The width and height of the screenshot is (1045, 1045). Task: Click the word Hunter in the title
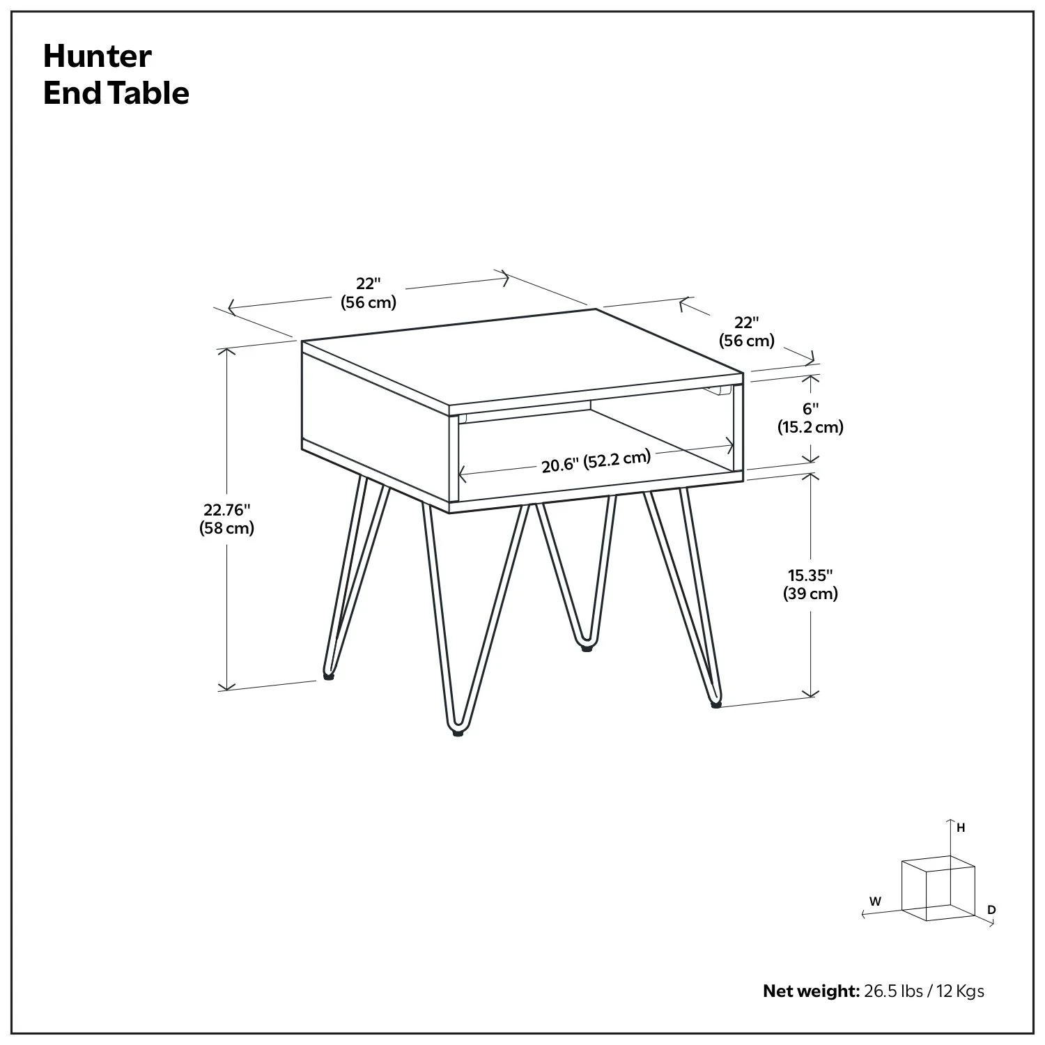point(97,56)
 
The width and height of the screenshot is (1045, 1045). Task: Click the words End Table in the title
point(116,93)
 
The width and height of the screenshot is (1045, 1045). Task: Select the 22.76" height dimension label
point(226,519)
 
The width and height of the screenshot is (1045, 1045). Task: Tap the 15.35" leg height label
point(810,585)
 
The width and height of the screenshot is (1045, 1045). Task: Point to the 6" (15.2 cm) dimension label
point(810,418)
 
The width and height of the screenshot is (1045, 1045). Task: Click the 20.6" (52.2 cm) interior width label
point(596,461)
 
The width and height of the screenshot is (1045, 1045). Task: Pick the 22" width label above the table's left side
point(368,293)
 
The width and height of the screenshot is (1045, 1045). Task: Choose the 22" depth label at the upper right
point(746,332)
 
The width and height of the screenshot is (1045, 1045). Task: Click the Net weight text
point(811,991)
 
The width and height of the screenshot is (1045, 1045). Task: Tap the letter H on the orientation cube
point(961,828)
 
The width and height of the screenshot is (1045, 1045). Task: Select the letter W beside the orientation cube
point(875,901)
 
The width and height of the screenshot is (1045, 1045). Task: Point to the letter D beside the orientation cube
point(991,910)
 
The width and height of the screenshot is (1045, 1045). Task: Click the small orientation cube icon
point(937,888)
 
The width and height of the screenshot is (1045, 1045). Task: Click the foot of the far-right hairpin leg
point(715,704)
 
